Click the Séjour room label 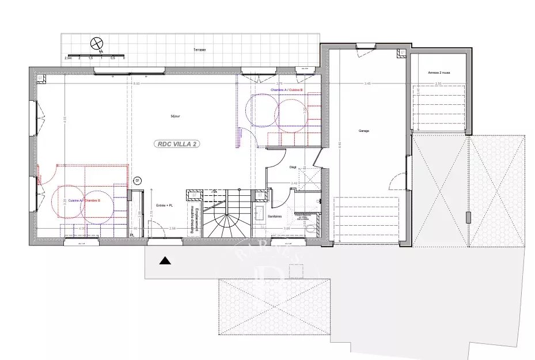(175, 116)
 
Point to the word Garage (364, 131)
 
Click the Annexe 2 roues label (438, 73)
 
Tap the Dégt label (293, 166)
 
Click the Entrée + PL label (165, 206)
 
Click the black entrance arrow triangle (165, 261)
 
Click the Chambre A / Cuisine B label (286, 90)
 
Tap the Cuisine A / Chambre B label (84, 200)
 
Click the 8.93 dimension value (136, 84)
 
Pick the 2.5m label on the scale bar (68, 58)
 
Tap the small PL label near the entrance (132, 235)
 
